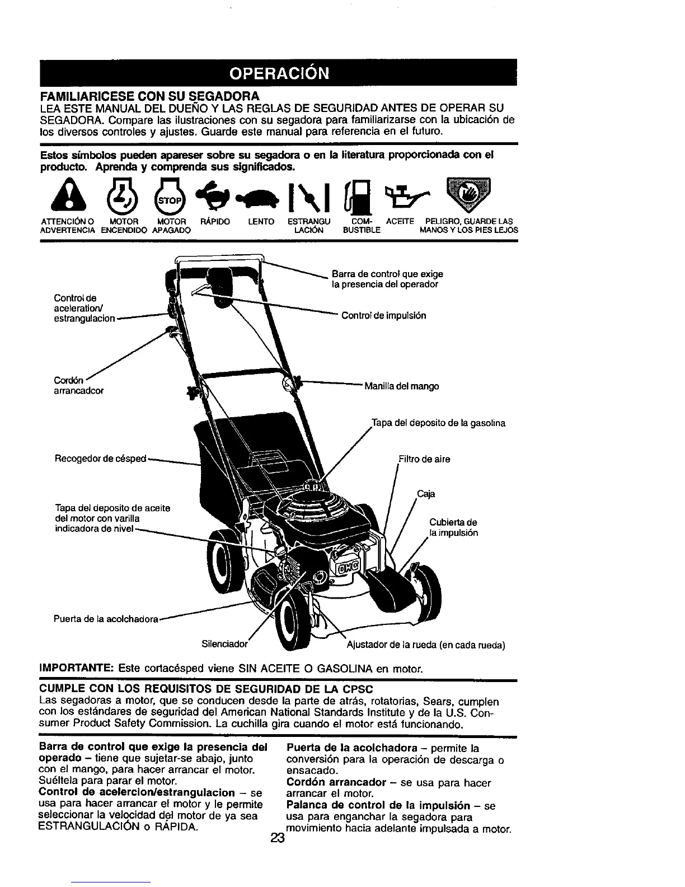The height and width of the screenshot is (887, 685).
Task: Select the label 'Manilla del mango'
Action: [x=401, y=386]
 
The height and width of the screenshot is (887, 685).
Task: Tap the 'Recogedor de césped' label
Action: [x=100, y=459]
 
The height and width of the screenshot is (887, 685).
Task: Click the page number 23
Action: [x=278, y=838]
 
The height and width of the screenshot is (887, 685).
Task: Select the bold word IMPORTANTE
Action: [x=76, y=669]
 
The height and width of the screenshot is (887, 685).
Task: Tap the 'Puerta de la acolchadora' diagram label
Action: [x=106, y=619]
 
